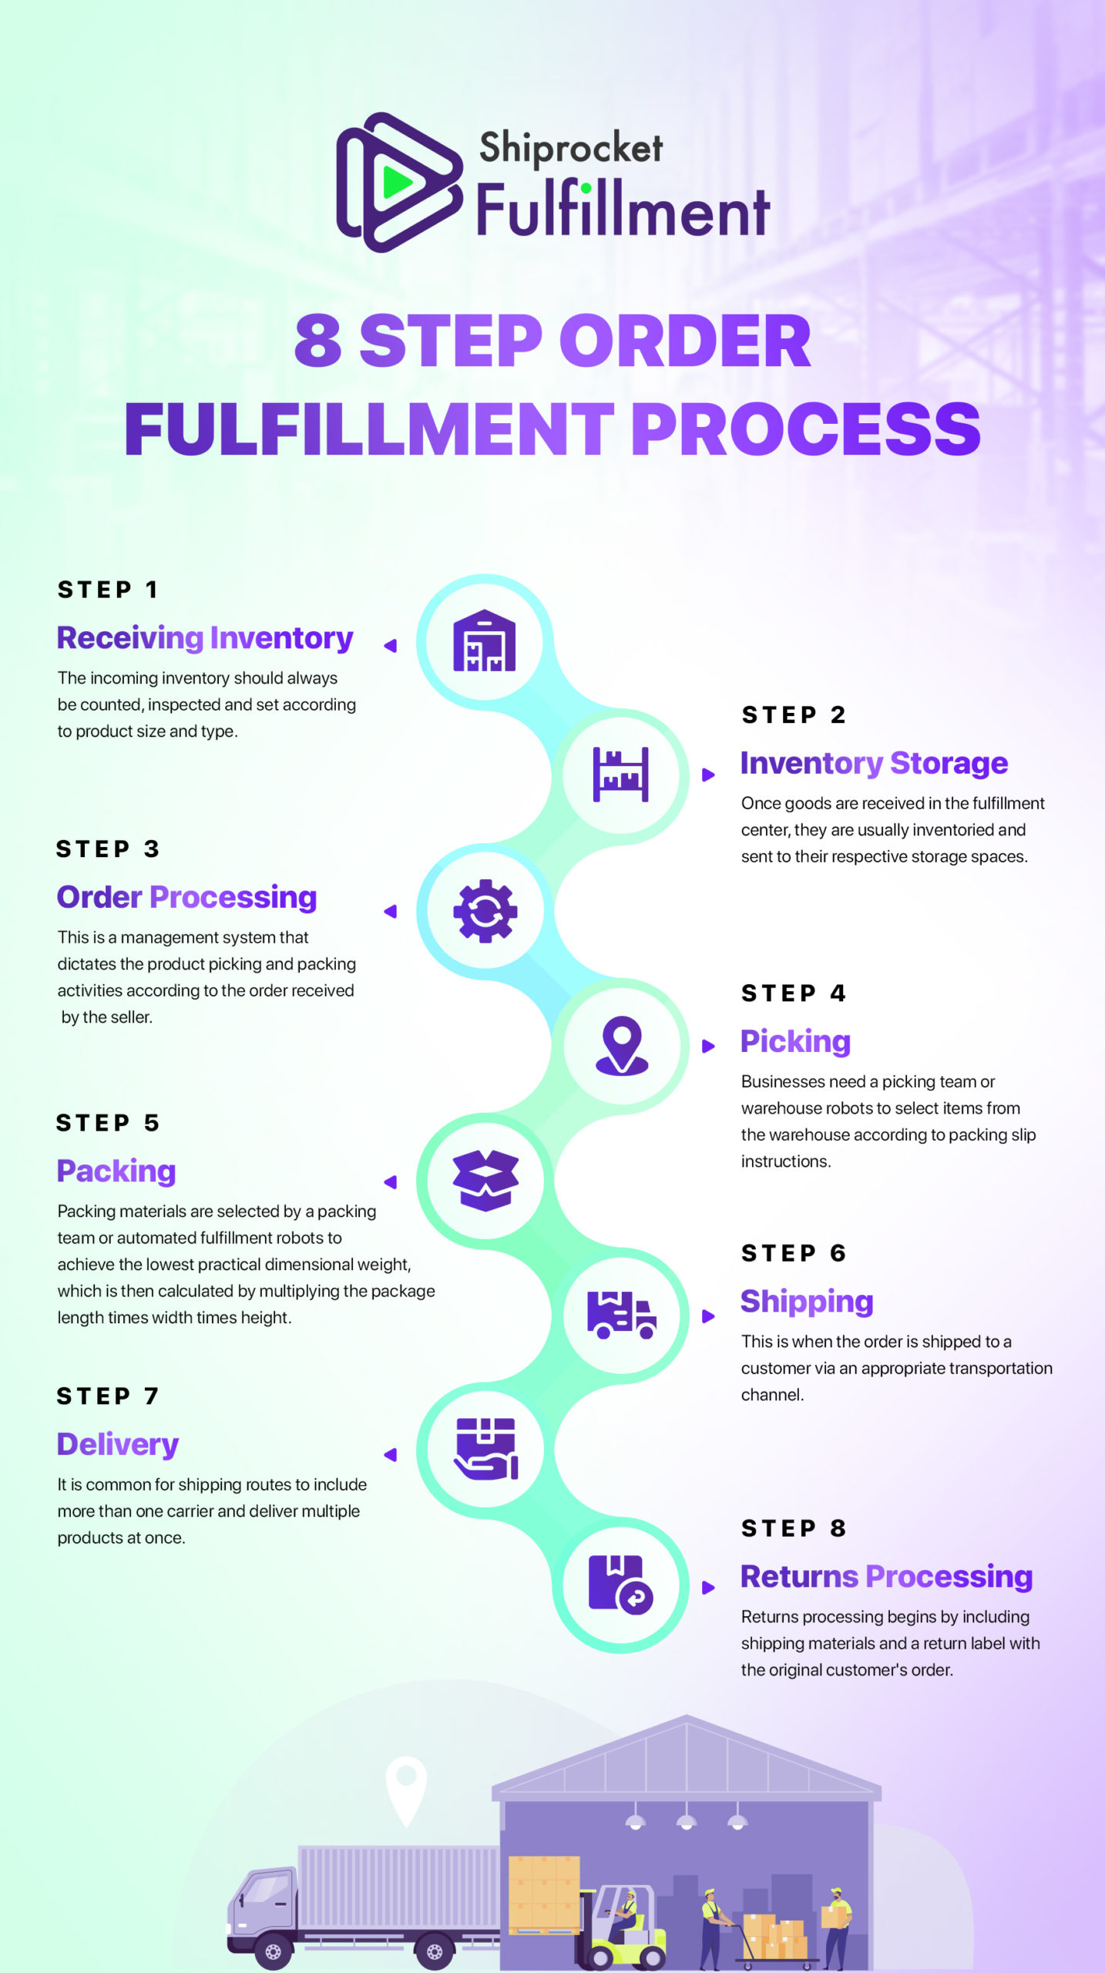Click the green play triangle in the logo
tap(397, 183)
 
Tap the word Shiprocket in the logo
tap(570, 147)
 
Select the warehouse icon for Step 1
tap(484, 641)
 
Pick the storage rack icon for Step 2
tap(620, 775)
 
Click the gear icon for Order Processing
tap(485, 911)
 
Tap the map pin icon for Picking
tap(622, 1045)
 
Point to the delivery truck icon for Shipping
tap(621, 1314)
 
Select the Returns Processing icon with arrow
tap(620, 1584)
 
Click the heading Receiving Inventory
tap(205, 638)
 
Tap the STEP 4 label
tap(794, 993)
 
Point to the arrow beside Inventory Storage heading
tap(708, 775)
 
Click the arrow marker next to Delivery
tap(391, 1454)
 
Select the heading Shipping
tap(807, 1301)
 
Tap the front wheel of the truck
tap(272, 1951)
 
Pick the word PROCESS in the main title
tap(806, 429)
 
